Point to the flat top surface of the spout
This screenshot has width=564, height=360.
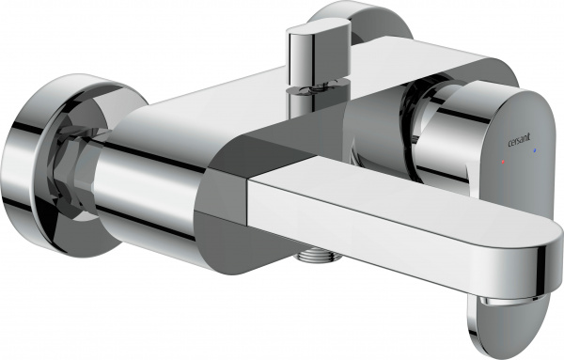pos(395,197)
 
